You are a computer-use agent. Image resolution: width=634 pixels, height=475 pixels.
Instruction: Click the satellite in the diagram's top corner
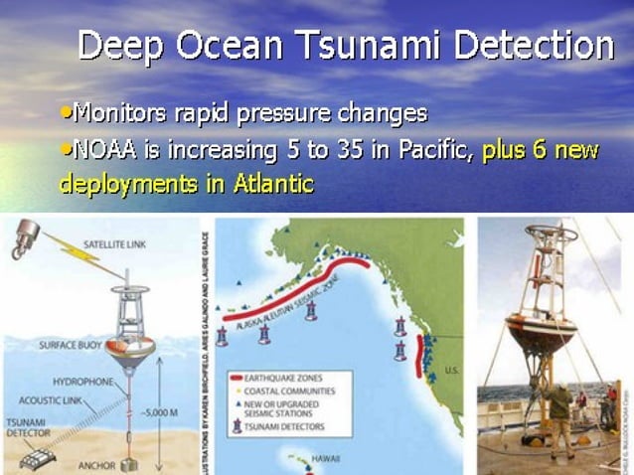pos(24,237)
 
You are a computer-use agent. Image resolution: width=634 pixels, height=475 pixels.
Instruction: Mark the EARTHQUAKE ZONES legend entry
pos(297,379)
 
